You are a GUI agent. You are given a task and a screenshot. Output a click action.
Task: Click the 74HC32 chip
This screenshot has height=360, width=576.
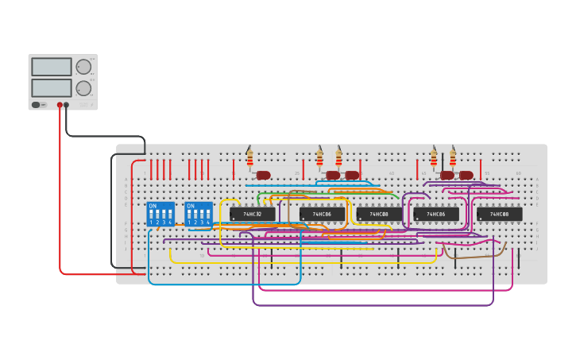click(253, 214)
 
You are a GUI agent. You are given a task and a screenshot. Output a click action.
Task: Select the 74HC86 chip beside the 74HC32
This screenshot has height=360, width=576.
click(322, 214)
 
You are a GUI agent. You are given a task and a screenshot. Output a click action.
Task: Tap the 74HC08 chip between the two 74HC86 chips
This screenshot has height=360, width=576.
click(379, 214)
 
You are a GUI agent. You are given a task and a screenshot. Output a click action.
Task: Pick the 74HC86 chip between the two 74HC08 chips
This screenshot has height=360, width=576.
click(436, 214)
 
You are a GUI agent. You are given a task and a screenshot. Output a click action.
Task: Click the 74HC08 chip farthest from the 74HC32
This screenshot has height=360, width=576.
click(500, 214)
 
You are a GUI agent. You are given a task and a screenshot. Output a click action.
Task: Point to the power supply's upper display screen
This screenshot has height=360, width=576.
click(51, 67)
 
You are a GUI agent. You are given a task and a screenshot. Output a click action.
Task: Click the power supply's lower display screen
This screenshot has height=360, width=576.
click(51, 87)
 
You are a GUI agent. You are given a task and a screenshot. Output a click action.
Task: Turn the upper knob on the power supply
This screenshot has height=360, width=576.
click(83, 67)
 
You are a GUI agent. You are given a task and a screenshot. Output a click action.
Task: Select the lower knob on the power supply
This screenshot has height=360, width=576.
click(83, 87)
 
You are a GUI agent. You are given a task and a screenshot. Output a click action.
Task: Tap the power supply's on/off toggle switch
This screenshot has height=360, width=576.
click(36, 104)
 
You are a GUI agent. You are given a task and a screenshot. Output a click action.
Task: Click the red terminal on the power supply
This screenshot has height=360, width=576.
click(60, 104)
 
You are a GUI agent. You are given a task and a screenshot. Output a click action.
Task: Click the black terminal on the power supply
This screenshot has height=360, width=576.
click(67, 104)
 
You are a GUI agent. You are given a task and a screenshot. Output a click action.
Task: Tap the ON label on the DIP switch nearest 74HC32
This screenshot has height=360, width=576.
click(191, 206)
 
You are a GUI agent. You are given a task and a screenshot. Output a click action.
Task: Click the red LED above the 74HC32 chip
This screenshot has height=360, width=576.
click(264, 175)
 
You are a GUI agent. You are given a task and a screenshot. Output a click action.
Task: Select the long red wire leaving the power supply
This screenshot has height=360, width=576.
click(60, 199)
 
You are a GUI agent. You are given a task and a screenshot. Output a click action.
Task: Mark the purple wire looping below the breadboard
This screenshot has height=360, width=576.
click(373, 304)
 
